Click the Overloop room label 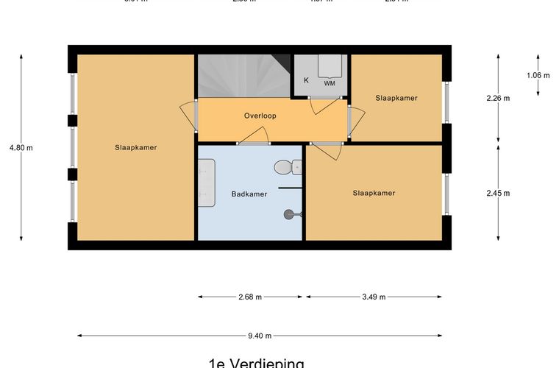[260, 116]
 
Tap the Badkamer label [249, 194]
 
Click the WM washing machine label [330, 83]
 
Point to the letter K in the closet [306, 80]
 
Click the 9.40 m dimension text [260, 336]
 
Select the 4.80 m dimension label [21, 147]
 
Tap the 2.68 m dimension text [250, 297]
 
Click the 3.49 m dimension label [374, 297]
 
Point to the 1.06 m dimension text [538, 74]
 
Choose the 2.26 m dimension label [498, 98]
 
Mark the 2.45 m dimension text [498, 193]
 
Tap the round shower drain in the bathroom [288, 214]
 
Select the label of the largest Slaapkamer [136, 147]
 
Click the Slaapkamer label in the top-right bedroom [396, 98]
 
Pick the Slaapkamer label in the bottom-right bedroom [374, 193]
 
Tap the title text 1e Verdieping [256, 363]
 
